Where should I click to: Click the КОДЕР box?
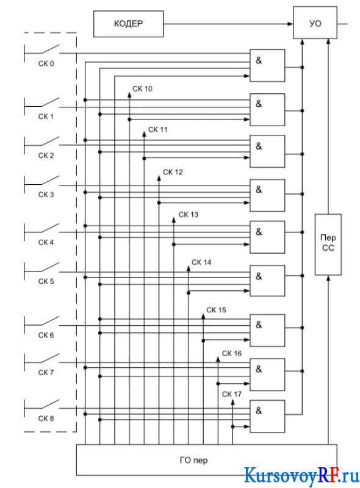click(128, 24)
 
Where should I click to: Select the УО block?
click(315, 23)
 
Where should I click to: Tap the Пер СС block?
click(328, 245)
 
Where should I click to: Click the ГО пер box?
click(206, 460)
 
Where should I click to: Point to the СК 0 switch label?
click(46, 63)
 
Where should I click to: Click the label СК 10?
click(142, 88)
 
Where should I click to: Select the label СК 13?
click(188, 215)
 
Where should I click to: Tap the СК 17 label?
click(232, 394)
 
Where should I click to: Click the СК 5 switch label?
click(46, 281)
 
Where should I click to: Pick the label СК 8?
click(46, 418)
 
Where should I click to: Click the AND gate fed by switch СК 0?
click(267, 65)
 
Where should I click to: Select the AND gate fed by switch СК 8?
click(267, 416)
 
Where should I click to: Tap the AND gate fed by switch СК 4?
click(267, 237)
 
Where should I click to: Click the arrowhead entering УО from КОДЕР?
click(290, 24)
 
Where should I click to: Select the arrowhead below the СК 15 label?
click(203, 316)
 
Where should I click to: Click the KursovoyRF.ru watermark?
click(301, 475)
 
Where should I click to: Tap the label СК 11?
click(158, 129)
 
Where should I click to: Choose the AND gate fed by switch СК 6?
click(267, 331)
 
